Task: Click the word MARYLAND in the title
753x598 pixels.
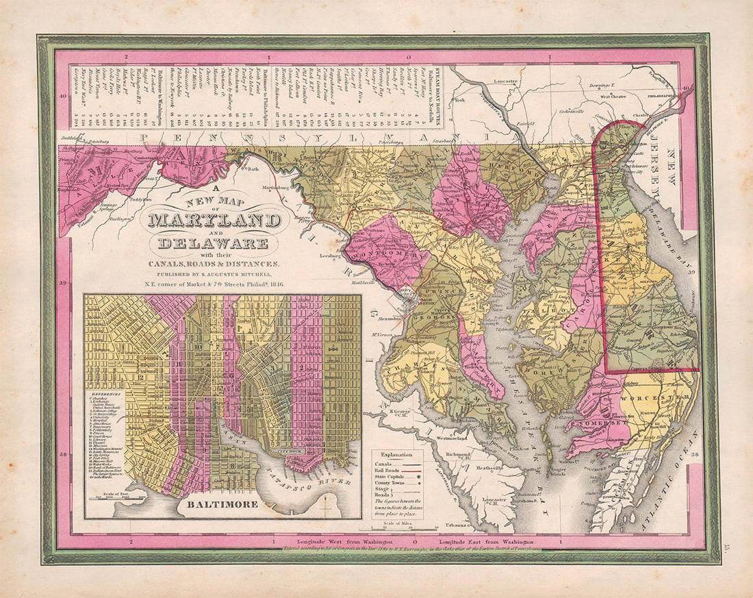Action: pyautogui.click(x=213, y=221)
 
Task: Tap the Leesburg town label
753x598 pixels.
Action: pyautogui.click(x=331, y=256)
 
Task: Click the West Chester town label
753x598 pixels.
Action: pyautogui.click(x=614, y=97)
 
